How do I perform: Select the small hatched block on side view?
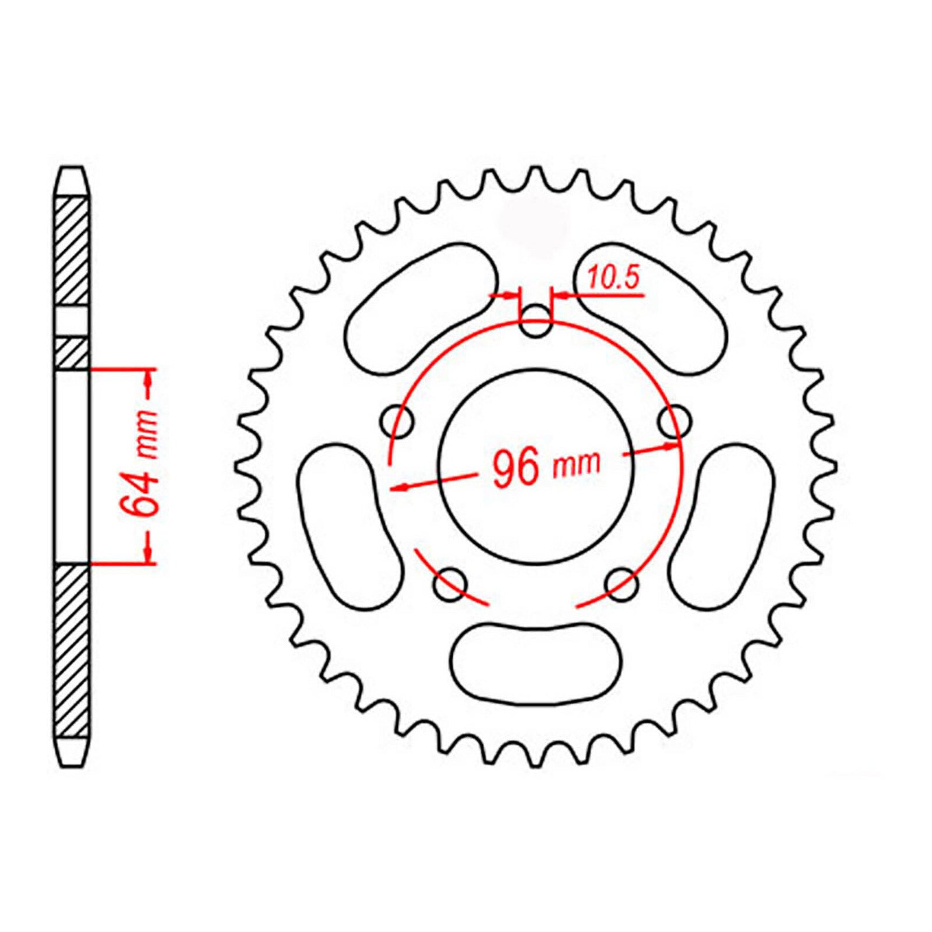72,353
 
